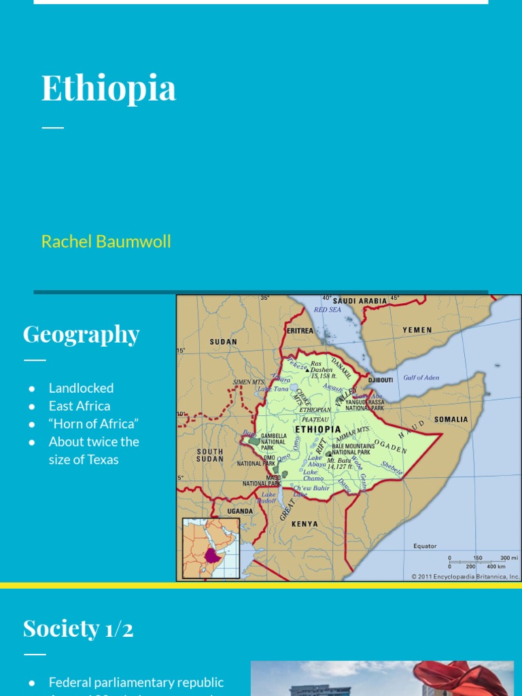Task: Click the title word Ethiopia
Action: (x=109, y=88)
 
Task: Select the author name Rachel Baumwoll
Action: (x=106, y=241)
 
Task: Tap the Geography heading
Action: (x=81, y=334)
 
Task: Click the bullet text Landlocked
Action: (x=81, y=388)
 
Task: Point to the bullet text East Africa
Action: (x=80, y=406)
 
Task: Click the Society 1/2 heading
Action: (x=78, y=628)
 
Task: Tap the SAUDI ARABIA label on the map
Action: (x=360, y=300)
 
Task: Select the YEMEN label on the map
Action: (x=417, y=330)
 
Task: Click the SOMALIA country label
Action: (x=451, y=419)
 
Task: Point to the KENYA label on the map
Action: (x=304, y=524)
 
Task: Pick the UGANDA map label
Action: (x=240, y=511)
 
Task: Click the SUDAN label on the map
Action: (x=224, y=342)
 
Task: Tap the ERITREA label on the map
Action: (x=300, y=331)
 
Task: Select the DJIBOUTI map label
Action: (x=381, y=381)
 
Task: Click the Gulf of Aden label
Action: (x=421, y=377)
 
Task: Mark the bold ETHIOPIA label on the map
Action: (x=318, y=430)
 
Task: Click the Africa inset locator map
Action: (x=211, y=548)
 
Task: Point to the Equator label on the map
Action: (x=425, y=546)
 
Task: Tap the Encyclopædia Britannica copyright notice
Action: (x=465, y=576)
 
